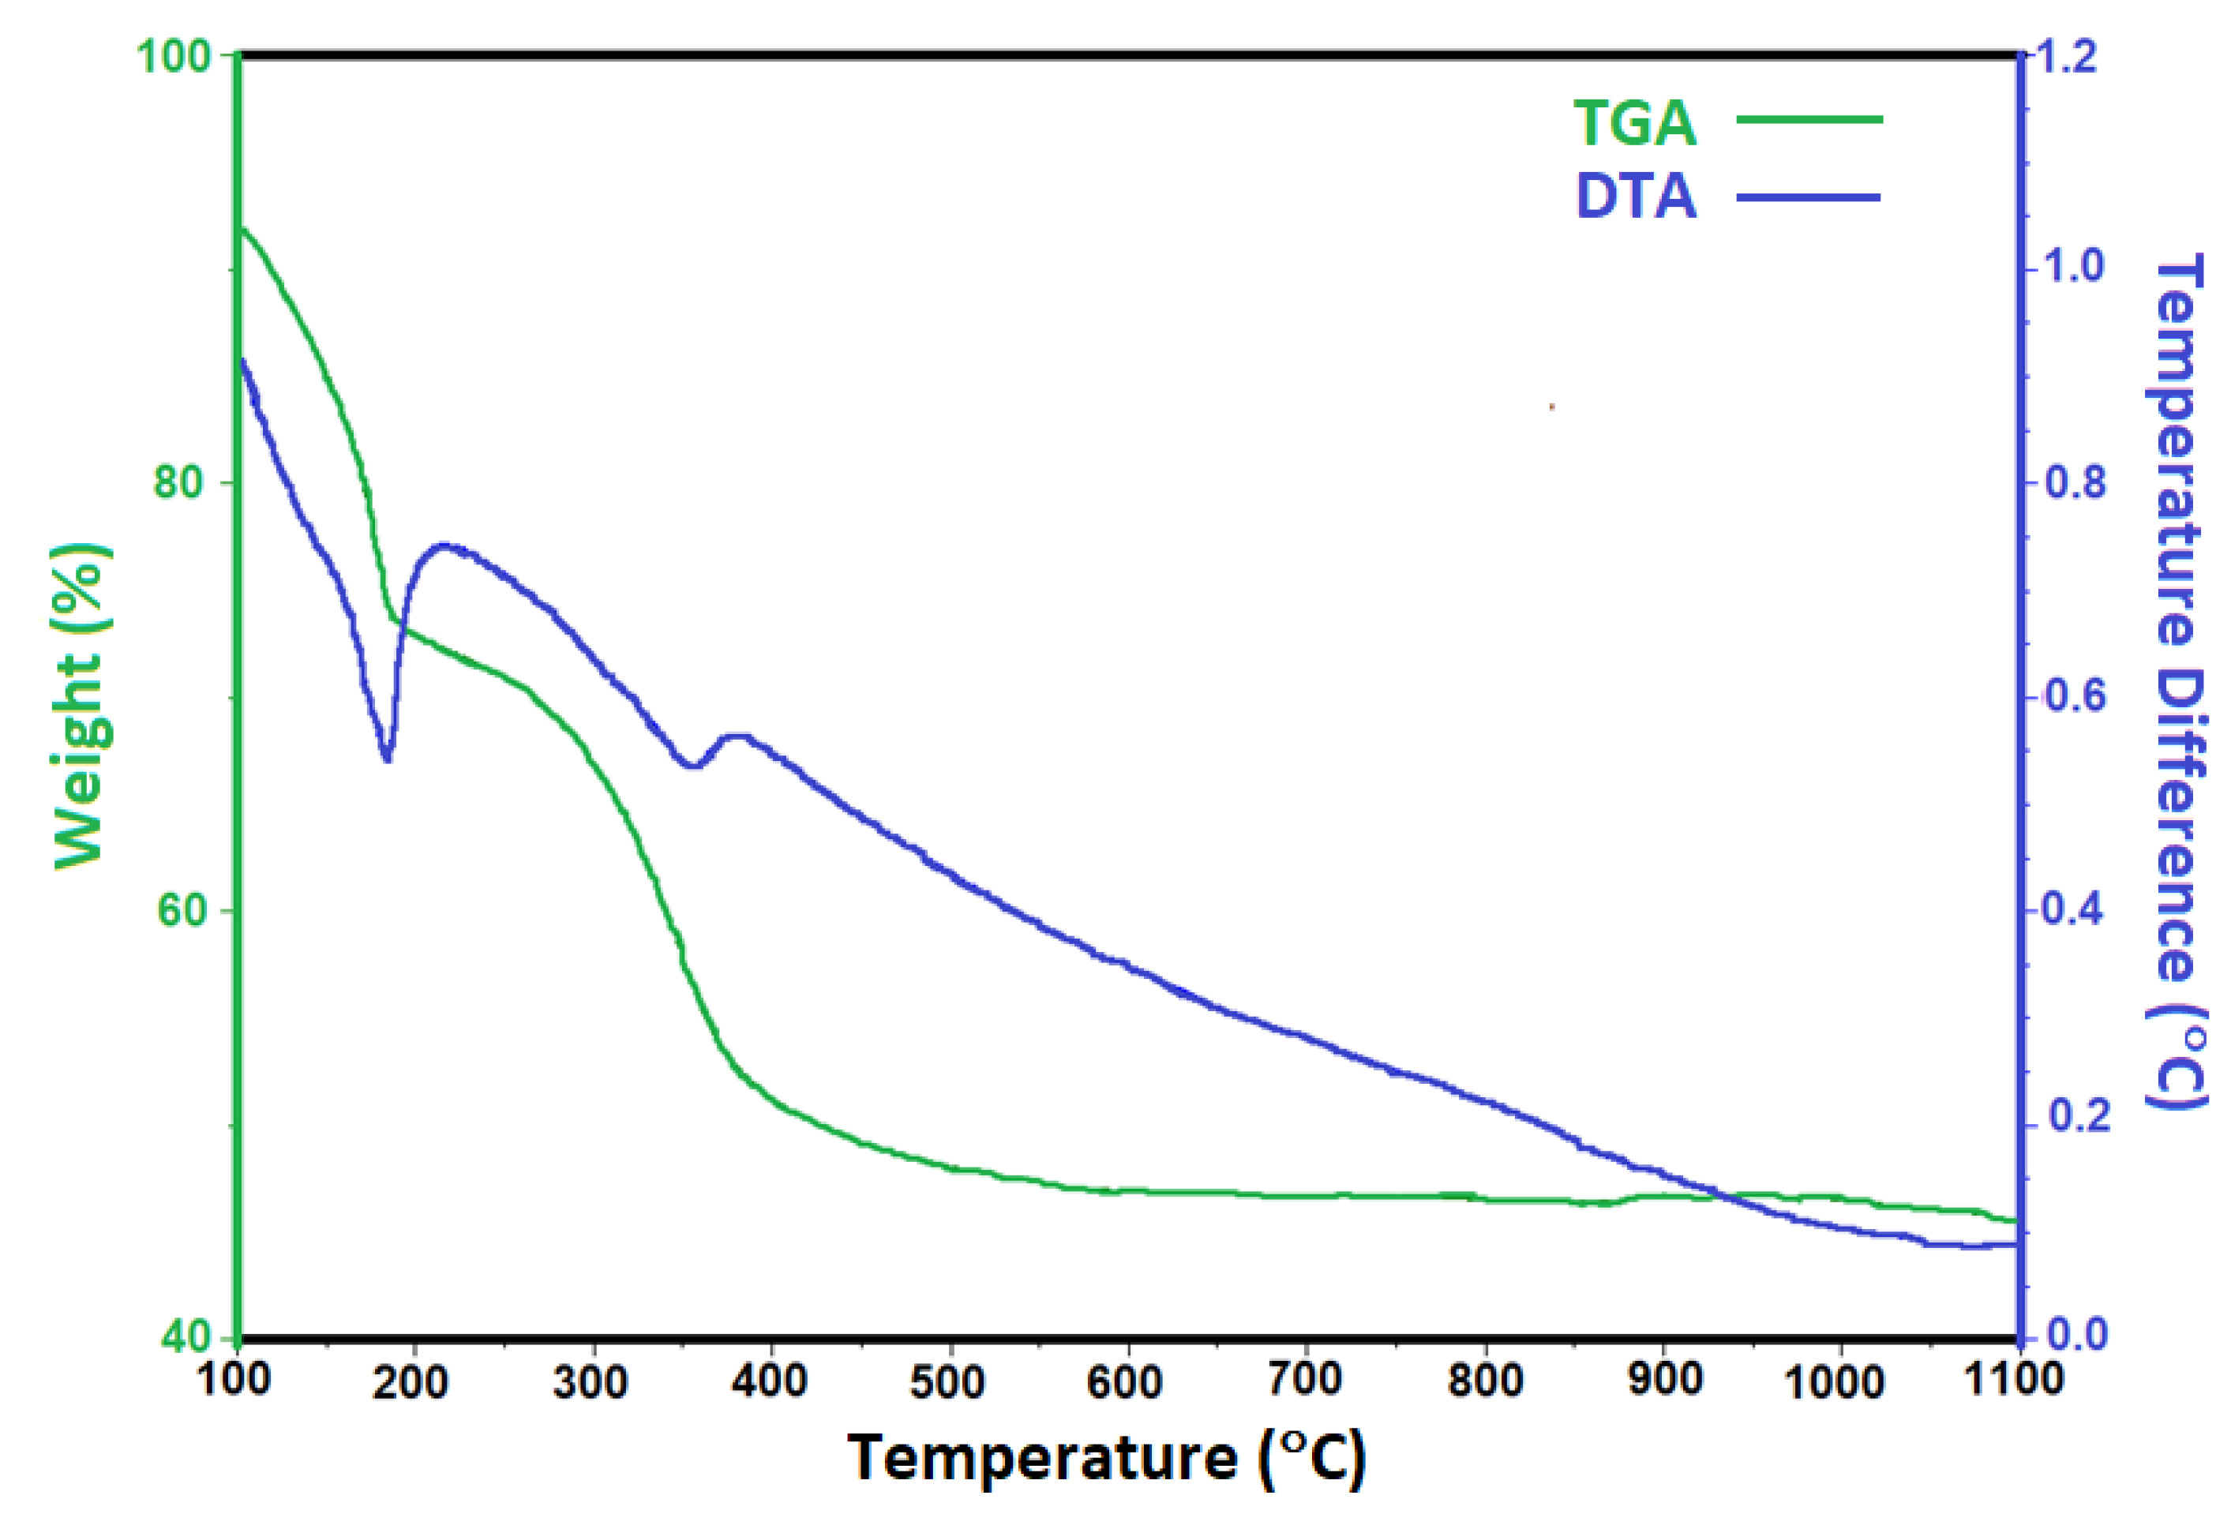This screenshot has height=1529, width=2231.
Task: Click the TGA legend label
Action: point(1634,123)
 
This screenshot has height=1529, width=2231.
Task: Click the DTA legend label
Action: point(1636,197)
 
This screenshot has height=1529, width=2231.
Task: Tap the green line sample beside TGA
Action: point(1809,120)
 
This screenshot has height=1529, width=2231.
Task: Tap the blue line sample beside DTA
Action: point(1809,197)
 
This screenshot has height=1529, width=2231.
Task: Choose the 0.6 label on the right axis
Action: point(2074,697)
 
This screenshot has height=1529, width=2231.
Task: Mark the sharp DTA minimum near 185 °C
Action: point(387,759)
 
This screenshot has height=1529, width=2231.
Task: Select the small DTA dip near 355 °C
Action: point(693,765)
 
